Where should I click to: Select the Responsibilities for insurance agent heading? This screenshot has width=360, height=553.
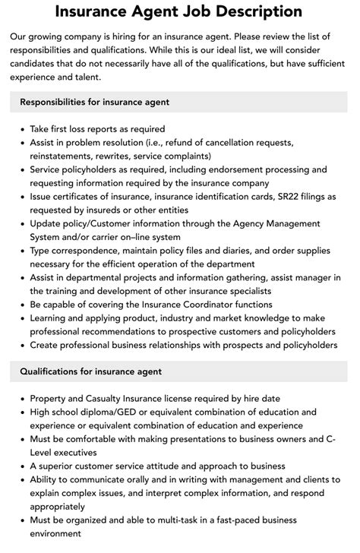(94, 102)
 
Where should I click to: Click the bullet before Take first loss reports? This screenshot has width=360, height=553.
(21, 129)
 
